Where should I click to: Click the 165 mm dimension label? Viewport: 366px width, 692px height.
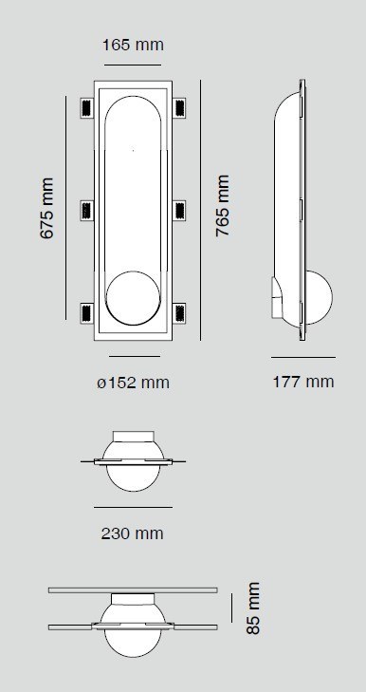coord(133,45)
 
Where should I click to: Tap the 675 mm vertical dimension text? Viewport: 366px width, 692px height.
coord(46,208)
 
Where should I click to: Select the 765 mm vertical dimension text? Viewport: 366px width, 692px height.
coord(223,206)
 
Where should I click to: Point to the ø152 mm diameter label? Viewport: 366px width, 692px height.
coord(133,383)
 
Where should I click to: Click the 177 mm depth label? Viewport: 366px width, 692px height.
coord(303,382)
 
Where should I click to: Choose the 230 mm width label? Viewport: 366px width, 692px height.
coord(133,533)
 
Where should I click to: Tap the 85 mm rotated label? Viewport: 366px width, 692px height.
coord(252,608)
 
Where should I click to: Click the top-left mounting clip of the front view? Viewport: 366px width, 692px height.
coord(87,107)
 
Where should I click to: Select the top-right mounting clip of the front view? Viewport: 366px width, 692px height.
coord(179,107)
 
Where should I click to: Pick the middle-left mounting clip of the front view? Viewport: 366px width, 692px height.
coord(87,211)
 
